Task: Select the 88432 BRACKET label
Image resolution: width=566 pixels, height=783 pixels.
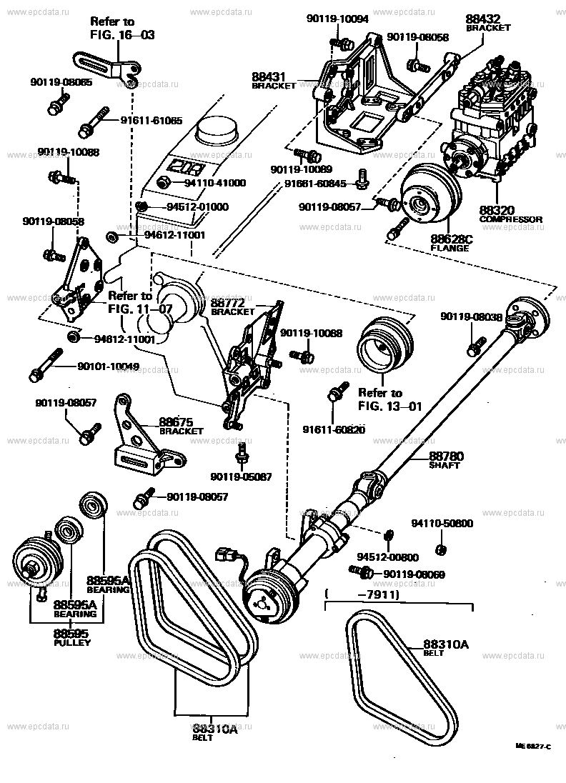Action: (488, 22)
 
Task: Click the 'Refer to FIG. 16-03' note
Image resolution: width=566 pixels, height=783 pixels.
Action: (121, 28)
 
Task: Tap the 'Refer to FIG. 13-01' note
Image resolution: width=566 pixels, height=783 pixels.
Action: (389, 400)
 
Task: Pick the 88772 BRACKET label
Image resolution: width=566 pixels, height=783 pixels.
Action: (232, 307)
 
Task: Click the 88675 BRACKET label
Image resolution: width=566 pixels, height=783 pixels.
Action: (182, 426)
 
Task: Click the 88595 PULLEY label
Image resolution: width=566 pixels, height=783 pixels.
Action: (72, 637)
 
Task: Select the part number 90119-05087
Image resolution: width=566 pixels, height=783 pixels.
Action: (241, 477)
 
